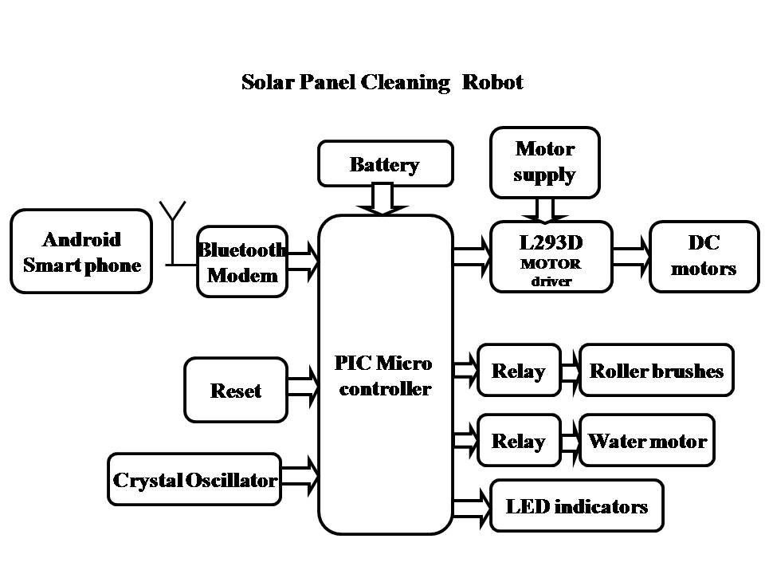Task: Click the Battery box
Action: point(385,164)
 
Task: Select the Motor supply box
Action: point(544,162)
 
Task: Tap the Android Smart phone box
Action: point(81,251)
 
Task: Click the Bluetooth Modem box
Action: point(242,261)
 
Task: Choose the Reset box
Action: point(236,390)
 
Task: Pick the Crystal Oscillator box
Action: point(194,479)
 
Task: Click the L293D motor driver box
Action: point(551,256)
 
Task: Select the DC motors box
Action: point(703,255)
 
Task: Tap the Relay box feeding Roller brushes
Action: point(519,370)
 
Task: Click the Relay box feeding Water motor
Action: point(519,440)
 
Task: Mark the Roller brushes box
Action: point(656,370)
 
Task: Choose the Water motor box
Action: point(647,440)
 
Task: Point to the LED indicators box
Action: point(577,505)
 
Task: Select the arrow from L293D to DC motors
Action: point(631,255)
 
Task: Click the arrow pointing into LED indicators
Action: point(471,505)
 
